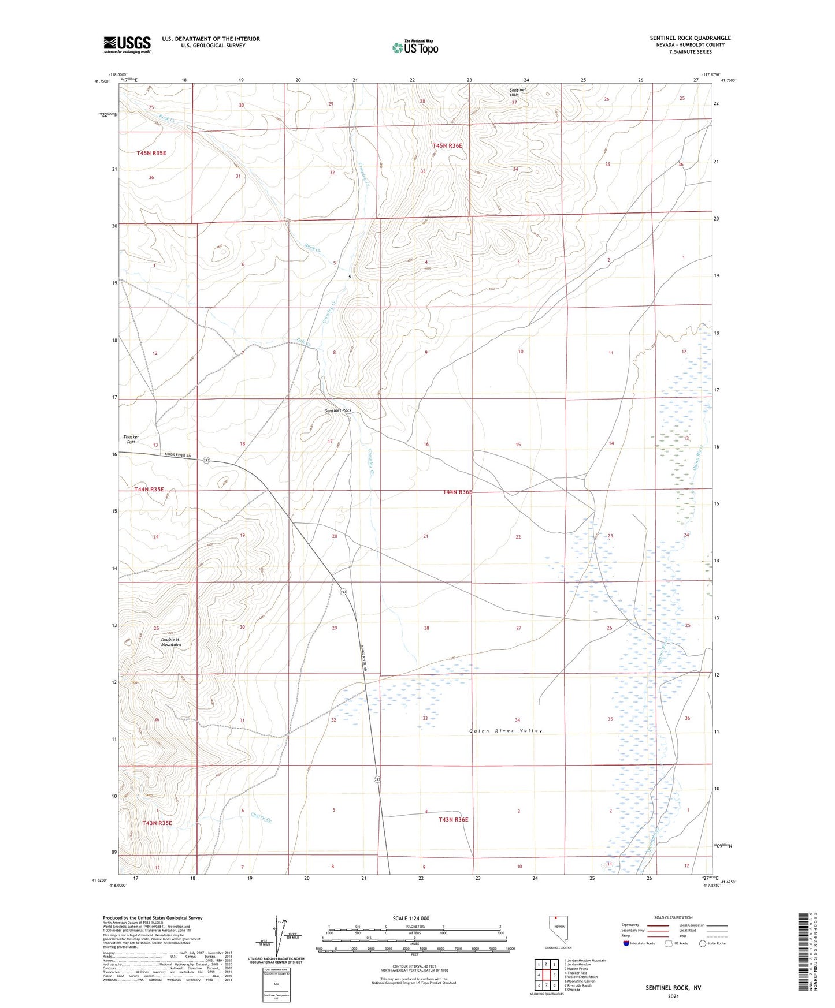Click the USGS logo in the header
tap(127, 44)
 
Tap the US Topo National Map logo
tap(414, 47)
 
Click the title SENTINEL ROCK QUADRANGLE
tap(690, 38)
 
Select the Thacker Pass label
tap(131, 439)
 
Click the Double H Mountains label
tap(171, 642)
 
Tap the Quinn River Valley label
tap(506, 731)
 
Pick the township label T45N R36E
tap(447, 146)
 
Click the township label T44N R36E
tap(458, 492)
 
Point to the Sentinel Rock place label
tap(338, 410)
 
